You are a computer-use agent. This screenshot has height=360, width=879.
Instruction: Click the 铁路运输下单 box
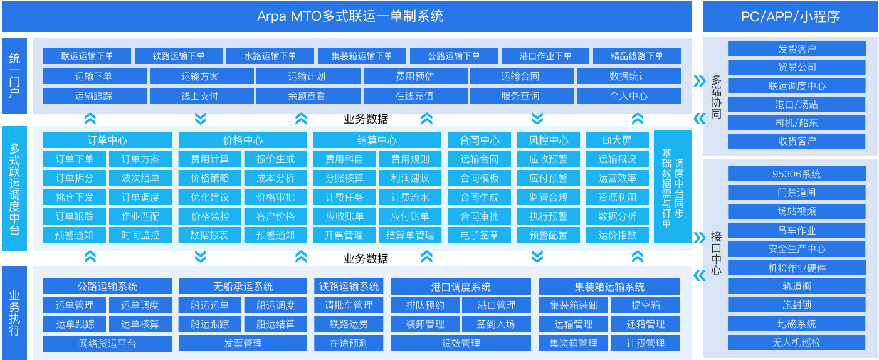(x=179, y=56)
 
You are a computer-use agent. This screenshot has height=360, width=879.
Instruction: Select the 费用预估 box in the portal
(x=416, y=76)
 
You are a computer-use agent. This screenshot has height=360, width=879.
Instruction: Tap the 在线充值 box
(x=415, y=96)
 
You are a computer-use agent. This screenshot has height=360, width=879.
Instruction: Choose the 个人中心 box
(x=629, y=96)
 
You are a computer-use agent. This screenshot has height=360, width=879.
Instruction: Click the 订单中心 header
(x=107, y=140)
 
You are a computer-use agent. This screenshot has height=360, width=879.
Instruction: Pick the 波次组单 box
(x=140, y=178)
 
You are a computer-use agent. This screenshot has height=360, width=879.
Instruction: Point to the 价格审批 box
(x=275, y=197)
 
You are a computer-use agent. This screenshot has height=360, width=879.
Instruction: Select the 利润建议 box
(x=410, y=178)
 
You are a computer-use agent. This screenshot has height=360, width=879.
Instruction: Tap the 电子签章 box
(x=480, y=235)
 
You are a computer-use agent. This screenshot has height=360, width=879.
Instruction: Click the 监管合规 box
(x=549, y=197)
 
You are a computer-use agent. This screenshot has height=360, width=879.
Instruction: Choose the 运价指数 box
(x=618, y=235)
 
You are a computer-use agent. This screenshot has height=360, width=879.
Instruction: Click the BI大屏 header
(x=618, y=140)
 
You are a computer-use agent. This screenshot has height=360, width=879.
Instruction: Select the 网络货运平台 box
(x=107, y=344)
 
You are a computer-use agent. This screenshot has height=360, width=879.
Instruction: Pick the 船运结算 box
(x=275, y=324)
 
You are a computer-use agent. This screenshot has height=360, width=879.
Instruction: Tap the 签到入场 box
(x=496, y=324)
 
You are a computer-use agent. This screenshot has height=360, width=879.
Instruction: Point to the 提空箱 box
(x=646, y=305)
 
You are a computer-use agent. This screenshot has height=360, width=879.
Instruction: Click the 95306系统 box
(x=797, y=174)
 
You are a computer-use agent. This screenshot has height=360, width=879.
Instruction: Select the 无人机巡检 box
(x=797, y=342)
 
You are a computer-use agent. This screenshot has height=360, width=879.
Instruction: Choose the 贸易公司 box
(x=797, y=67)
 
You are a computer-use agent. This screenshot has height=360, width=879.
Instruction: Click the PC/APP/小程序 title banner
(x=791, y=16)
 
